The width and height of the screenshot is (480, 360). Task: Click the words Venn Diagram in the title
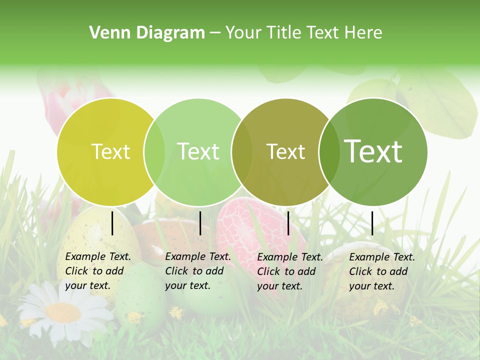(147, 33)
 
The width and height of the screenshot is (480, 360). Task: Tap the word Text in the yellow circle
(110, 151)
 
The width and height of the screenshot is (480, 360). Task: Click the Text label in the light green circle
(198, 151)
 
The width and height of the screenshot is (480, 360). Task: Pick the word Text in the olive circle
(285, 151)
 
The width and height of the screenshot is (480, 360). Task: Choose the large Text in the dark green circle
(373, 151)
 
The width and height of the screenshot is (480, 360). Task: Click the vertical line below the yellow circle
(112, 223)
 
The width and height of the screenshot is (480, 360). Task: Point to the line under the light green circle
(200, 223)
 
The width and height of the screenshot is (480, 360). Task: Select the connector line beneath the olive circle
(288, 223)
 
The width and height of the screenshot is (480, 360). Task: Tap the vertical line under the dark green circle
(372, 223)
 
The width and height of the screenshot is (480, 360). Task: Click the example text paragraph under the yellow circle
(97, 271)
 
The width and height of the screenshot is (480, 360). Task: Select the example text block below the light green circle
(197, 271)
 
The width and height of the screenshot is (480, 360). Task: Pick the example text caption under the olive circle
(289, 271)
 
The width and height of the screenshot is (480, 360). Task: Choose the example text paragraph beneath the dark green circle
(381, 271)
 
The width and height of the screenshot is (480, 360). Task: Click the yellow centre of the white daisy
(63, 312)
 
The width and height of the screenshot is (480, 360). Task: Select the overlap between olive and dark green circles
(328, 151)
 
